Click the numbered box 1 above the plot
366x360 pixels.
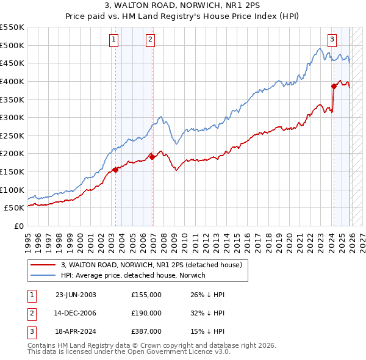pos(114,40)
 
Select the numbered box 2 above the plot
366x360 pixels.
pos(150,40)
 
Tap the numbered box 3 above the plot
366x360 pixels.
pos(332,40)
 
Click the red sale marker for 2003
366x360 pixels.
pos(116,170)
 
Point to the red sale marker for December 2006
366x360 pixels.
pos(152,157)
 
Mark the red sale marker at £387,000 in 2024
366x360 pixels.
pos(334,86)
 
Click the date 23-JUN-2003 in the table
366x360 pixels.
pos(76,295)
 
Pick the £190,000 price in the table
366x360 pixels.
pos(146,313)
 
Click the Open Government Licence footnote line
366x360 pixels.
pos(129,352)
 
